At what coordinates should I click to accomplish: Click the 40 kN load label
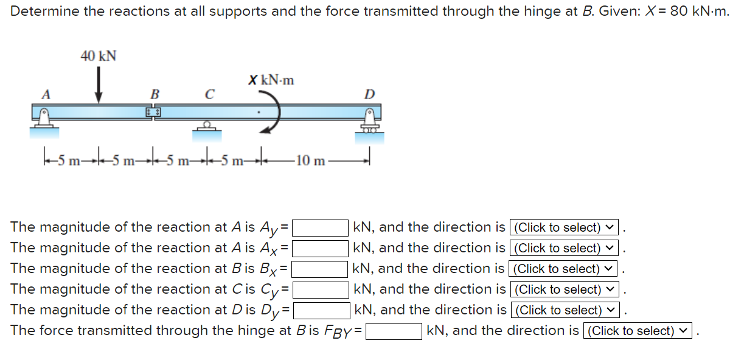pos(99,56)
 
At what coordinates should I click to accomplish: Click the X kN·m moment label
pos(271,80)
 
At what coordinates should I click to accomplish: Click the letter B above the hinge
pos(155,94)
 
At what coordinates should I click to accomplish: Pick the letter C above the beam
pos(209,94)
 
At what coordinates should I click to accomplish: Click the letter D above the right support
pos(369,94)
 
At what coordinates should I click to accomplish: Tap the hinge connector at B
pos(153,113)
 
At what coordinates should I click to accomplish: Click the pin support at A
pos(44,120)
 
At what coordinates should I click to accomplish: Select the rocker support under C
pos(207,126)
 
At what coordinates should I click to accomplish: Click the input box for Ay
pos(321,228)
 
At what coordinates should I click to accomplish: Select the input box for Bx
pos(321,269)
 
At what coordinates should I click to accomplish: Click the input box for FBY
pos(394,331)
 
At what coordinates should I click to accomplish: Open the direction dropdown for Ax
pos(564,248)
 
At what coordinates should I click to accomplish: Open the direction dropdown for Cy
pos(564,289)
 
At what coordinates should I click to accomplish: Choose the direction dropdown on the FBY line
pos(638,331)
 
